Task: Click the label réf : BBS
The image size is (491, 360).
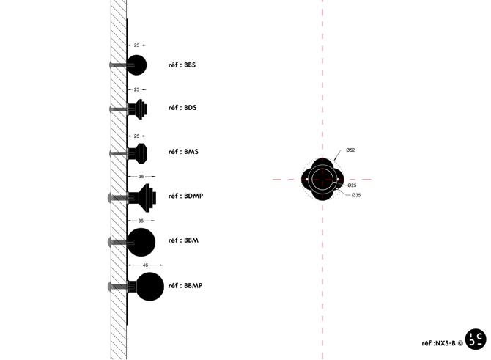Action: point(182,65)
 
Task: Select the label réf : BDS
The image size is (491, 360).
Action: point(182,109)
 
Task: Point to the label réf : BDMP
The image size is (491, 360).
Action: point(185,196)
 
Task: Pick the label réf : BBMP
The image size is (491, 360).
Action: point(185,285)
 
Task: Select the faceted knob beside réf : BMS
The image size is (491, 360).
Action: point(139,153)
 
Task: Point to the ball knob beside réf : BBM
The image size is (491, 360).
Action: point(141,241)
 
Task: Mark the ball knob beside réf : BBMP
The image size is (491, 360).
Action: point(149,287)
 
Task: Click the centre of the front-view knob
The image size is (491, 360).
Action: point(322,180)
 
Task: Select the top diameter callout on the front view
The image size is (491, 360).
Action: point(350,150)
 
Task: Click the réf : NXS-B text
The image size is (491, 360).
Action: point(440,342)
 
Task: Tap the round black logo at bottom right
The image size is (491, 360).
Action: point(475,338)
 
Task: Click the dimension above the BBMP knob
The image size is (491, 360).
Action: point(145,264)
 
